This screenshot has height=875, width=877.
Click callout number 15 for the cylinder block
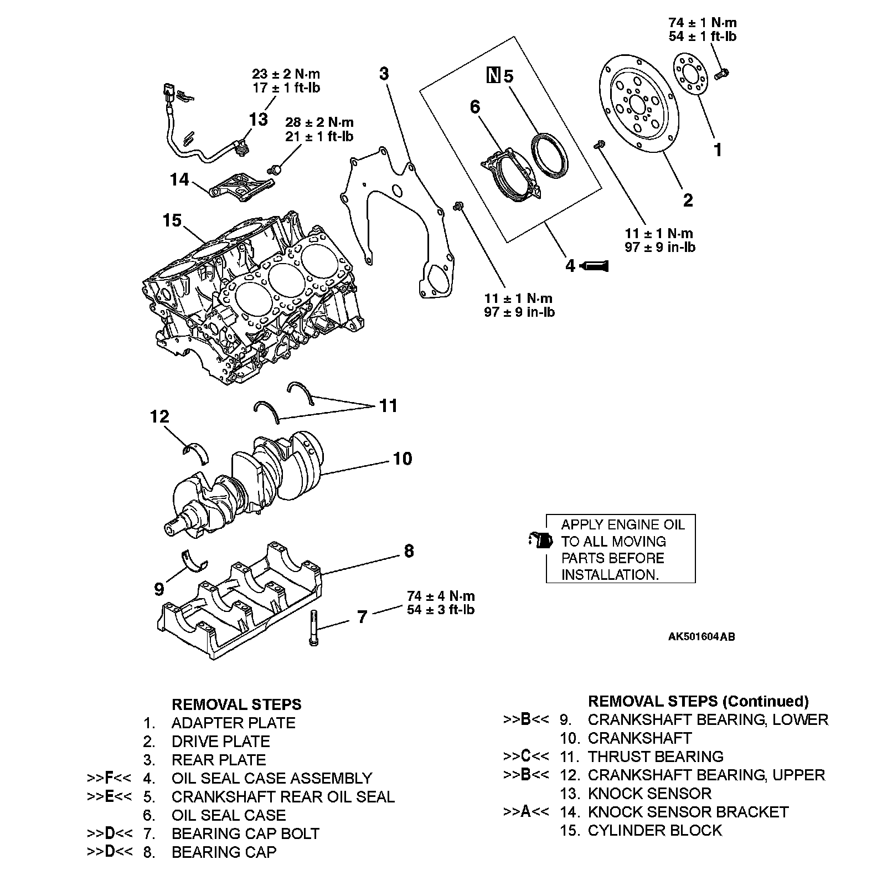coord(172,220)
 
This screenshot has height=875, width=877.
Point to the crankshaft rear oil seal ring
coord(549,154)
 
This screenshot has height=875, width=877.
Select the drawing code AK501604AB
coord(701,637)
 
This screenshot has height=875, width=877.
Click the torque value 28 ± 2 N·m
coord(319,122)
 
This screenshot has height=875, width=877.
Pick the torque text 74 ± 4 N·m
coord(441,596)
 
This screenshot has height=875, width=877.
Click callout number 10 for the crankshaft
coord(403,459)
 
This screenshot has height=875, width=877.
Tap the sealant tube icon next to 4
coord(595,266)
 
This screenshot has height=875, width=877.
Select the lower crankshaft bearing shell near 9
coord(194,560)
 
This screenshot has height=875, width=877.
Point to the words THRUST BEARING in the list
coord(656,756)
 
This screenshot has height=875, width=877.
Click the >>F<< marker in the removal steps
coord(109,778)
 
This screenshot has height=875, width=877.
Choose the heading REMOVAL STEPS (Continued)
coord(698,701)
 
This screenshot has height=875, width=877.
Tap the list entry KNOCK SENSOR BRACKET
coord(688,812)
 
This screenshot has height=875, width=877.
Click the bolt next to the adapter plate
coord(722,72)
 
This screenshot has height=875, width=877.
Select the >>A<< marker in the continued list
coord(525,812)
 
